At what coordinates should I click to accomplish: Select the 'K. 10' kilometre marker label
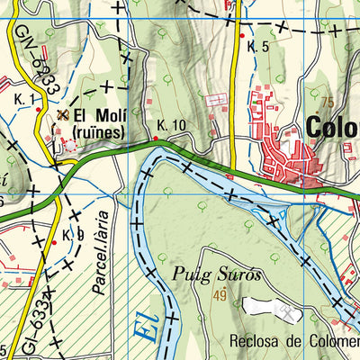pyautogui.click(x=171, y=125)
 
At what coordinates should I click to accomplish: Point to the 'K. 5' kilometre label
pyautogui.click(x=259, y=46)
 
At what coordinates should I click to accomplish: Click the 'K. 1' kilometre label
pyautogui.click(x=24, y=98)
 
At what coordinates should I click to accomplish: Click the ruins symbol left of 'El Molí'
pyautogui.click(x=62, y=115)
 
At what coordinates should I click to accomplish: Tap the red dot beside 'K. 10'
pyautogui.click(x=156, y=139)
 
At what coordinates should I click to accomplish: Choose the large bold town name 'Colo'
pyautogui.click(x=332, y=127)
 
